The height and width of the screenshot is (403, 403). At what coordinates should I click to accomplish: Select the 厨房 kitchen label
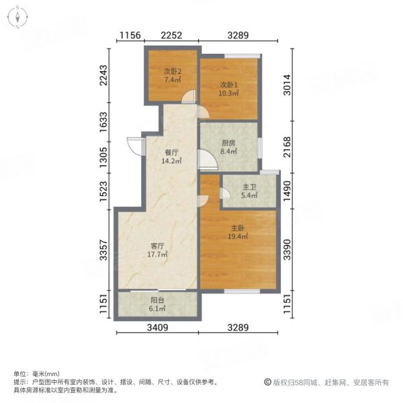pos(229,142)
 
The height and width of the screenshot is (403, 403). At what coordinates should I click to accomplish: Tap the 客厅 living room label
pos(159,245)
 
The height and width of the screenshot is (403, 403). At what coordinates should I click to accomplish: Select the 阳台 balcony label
pos(159,301)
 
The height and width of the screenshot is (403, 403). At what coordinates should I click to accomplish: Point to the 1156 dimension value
pos(130,36)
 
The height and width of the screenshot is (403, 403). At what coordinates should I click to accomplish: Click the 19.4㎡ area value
pos(238,236)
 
